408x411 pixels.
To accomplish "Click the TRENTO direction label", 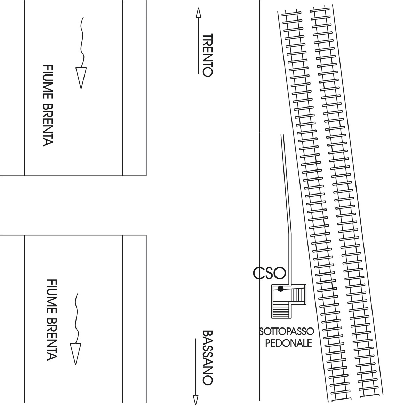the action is [208, 55].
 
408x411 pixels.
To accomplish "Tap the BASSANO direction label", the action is [208, 357].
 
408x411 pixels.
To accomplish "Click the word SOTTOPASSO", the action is [286, 332].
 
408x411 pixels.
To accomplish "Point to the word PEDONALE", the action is [288, 343].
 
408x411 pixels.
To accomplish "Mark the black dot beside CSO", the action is [281, 289].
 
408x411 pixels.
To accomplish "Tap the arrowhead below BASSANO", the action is [195, 400].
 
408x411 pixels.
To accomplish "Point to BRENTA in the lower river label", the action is [51, 339].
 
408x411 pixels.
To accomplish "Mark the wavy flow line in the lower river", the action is [77, 318].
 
